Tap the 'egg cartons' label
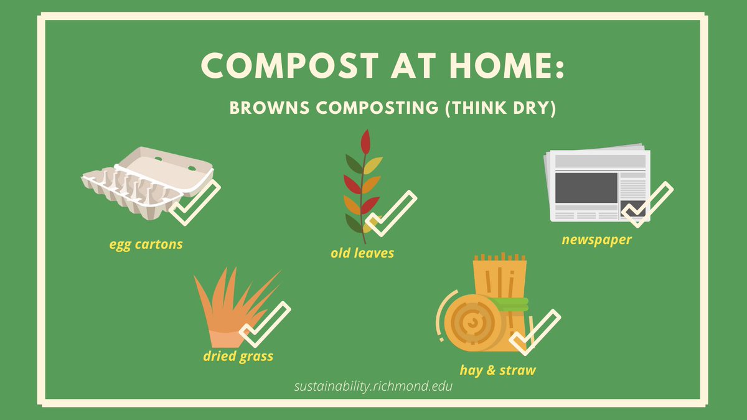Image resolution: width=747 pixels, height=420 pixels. (x=146, y=244)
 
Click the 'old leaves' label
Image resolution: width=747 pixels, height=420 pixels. (x=362, y=253)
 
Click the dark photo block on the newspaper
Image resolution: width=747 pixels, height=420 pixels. (x=586, y=187)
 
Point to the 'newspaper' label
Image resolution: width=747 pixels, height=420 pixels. (x=596, y=240)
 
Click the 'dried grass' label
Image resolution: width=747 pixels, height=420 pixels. (x=238, y=357)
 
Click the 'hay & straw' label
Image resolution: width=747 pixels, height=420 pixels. (x=497, y=370)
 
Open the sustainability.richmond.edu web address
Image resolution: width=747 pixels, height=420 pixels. (x=374, y=386)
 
